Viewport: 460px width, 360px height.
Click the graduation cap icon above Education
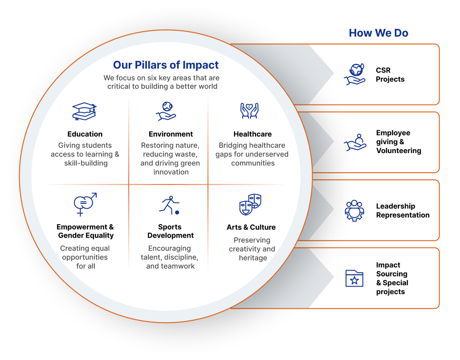coord(85,111)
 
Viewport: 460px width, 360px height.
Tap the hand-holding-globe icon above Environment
coord(166,111)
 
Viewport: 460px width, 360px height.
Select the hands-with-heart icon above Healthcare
coord(249,111)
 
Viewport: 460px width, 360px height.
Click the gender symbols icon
coord(85,204)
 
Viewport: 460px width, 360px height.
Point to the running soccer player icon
coord(169,205)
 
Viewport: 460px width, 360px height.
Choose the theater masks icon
coord(250,205)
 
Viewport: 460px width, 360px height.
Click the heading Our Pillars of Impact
coord(166,65)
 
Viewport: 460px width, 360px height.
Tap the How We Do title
coord(379,33)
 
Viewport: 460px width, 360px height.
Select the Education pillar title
coord(85,134)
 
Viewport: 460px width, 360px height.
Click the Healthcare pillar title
coord(252,134)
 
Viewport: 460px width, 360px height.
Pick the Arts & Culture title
coord(251,227)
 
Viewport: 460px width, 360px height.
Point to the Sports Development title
coord(171,231)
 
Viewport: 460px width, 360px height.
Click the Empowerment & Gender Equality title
coord(85,231)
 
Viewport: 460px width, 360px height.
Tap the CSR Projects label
coord(390,75)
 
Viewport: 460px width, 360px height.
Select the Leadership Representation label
coord(403,210)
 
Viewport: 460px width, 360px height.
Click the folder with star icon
coord(354,278)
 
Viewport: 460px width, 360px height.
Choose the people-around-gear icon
coord(354,210)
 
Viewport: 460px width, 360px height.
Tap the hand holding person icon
coord(355,142)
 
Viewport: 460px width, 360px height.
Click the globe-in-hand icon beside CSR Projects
coord(354,74)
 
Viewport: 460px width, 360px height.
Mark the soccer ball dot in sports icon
coord(177,213)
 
